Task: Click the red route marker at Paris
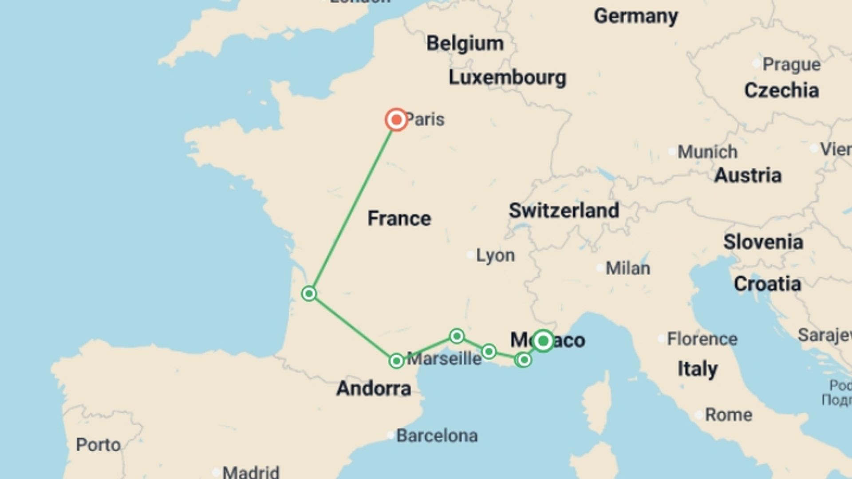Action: [x=396, y=120]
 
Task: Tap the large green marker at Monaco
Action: [x=543, y=341]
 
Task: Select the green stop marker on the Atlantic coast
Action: [x=309, y=294]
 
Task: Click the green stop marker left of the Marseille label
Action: [x=396, y=361]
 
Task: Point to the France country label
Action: [x=399, y=219]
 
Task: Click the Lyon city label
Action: [x=495, y=255]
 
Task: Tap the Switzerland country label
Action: [x=564, y=210]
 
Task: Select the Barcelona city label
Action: [x=437, y=436]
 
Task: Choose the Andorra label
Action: [x=374, y=389]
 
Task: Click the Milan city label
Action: [x=627, y=268]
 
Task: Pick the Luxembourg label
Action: [x=507, y=78]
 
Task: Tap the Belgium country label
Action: [x=465, y=43]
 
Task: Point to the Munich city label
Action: [x=707, y=152]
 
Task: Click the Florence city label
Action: [x=702, y=339]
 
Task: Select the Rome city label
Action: [x=728, y=415]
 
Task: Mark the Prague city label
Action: [x=791, y=65]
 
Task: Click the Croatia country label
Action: [x=767, y=284]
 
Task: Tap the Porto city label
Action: [x=98, y=445]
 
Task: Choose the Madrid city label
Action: [x=251, y=472]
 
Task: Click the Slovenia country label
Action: [x=763, y=242]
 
